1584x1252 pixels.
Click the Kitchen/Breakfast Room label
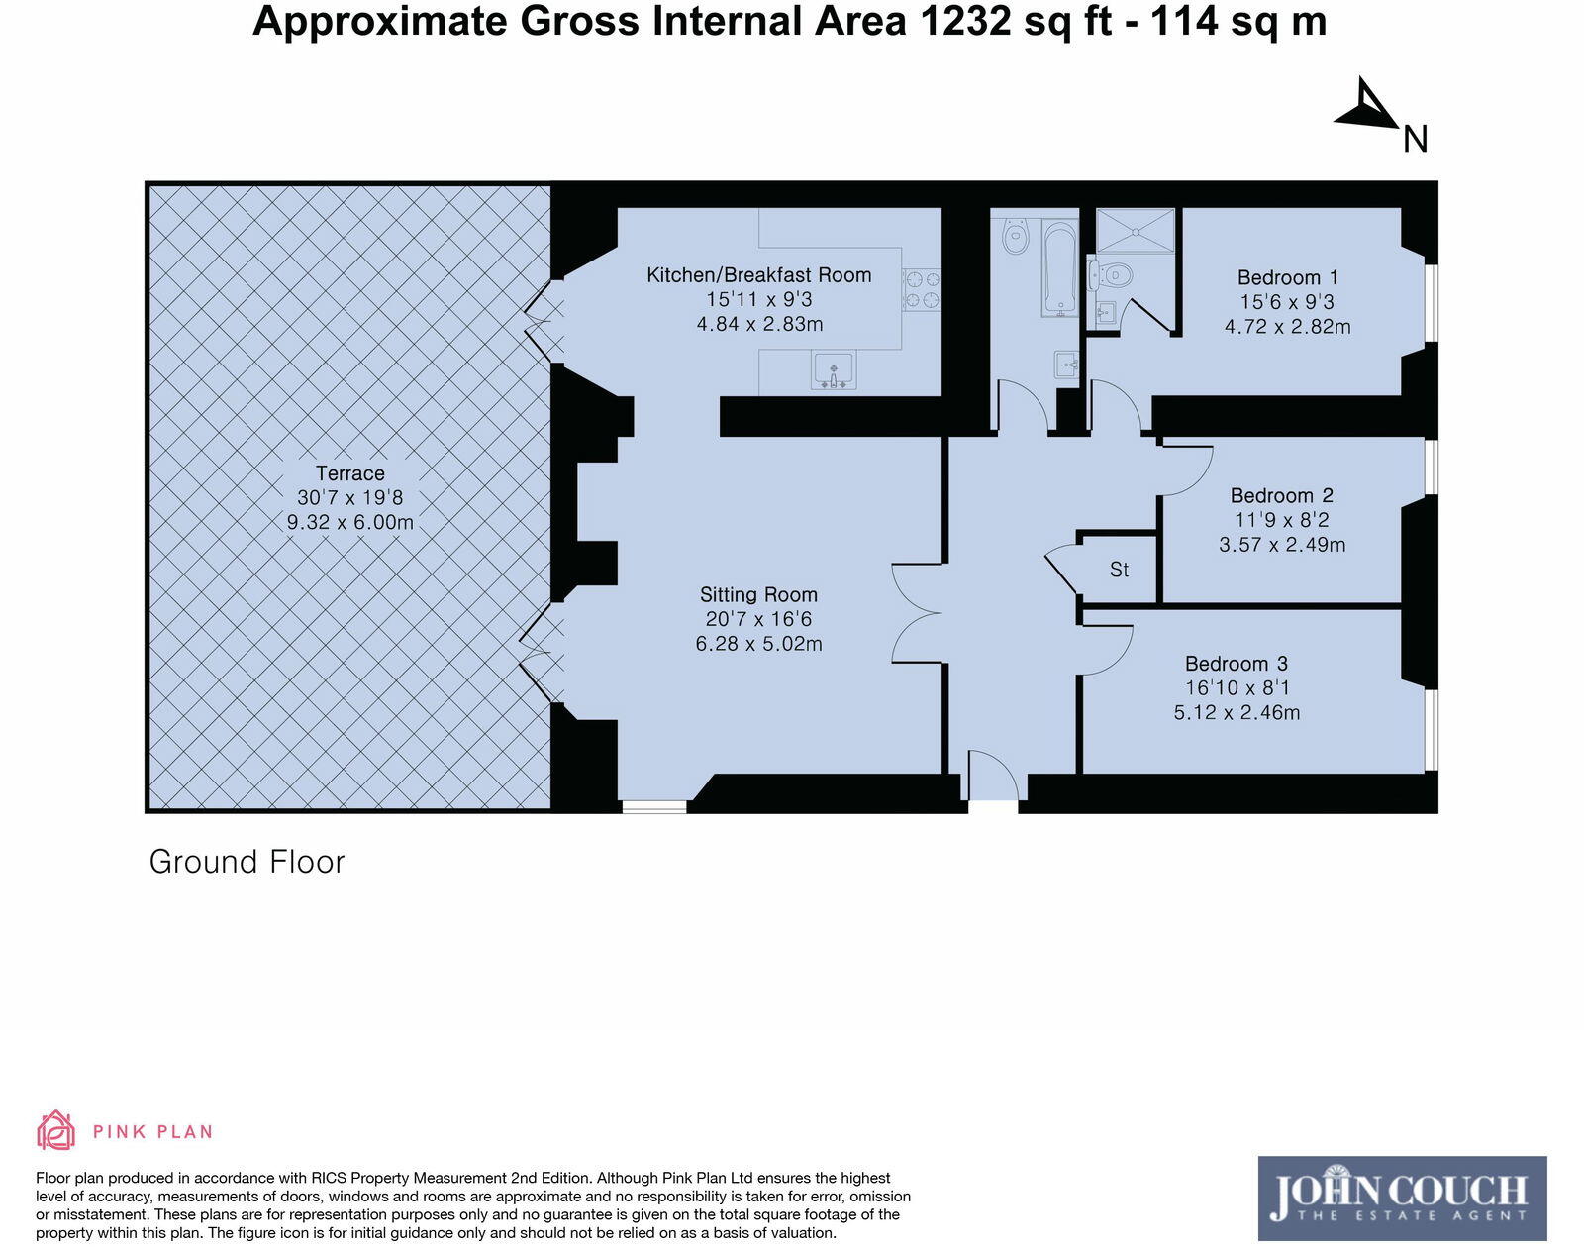(759, 275)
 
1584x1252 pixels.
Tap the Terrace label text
(349, 473)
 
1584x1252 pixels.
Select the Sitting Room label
(758, 595)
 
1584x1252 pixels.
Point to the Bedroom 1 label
(1287, 277)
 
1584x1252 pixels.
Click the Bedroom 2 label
(1281, 495)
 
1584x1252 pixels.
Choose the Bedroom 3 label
(1237, 664)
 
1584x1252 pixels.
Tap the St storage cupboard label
(1119, 570)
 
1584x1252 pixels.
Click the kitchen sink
(833, 369)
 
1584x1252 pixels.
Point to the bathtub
(1059, 267)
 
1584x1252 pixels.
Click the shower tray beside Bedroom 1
(1136, 231)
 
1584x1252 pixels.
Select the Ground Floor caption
(247, 863)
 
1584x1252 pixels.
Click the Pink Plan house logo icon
(56, 1130)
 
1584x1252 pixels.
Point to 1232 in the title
(965, 22)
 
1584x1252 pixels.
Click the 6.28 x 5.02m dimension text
(758, 645)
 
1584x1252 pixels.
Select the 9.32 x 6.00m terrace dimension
(349, 523)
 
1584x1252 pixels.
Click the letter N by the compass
(1416, 140)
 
